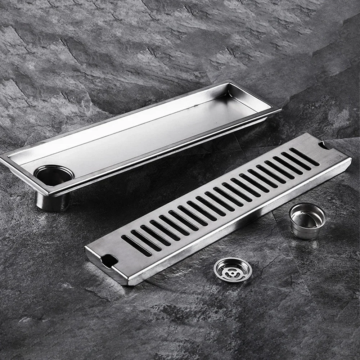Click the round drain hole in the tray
click(54, 176)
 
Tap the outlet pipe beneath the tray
click(52, 202)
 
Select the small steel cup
click(307, 221)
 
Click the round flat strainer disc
click(233, 270)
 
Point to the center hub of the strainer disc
click(233, 270)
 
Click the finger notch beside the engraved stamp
click(323, 145)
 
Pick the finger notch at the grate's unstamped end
click(108, 260)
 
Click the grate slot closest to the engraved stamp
click(304, 157)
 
